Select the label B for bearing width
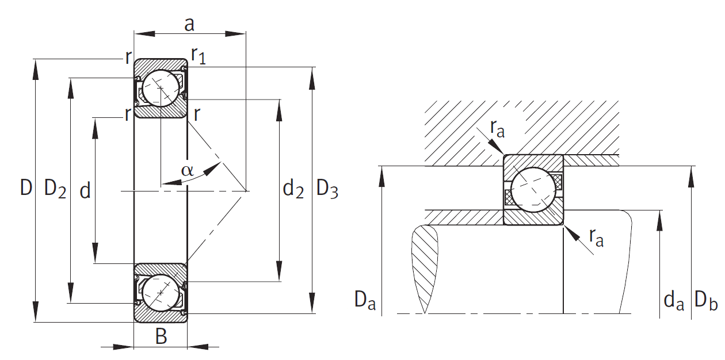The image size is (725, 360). point(161,336)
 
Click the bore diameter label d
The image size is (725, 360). point(85,190)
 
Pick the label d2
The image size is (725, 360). point(293,189)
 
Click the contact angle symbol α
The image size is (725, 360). point(187,170)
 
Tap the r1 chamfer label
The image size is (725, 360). point(199,56)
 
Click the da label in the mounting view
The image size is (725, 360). point(674,300)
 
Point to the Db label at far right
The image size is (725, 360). point(706,300)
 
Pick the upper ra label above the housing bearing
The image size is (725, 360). point(497,129)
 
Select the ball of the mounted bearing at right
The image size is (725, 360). point(533,189)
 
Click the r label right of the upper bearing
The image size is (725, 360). point(197,114)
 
